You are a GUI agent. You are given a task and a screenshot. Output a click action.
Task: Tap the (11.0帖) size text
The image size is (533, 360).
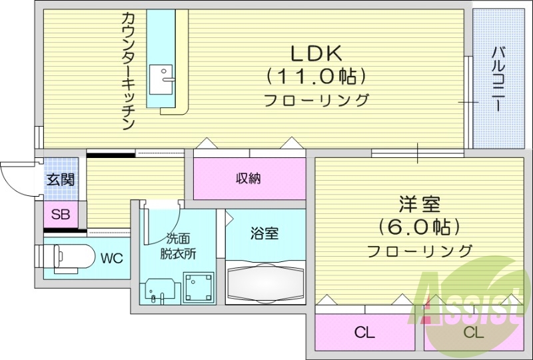[x=316, y=76]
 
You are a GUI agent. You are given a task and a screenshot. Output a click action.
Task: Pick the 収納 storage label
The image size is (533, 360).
[x=248, y=178]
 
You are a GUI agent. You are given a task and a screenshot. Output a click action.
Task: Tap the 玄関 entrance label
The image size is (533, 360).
[x=60, y=179]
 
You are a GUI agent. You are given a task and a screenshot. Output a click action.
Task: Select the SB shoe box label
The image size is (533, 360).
[x=61, y=215]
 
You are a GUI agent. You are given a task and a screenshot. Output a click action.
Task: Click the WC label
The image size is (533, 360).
[x=112, y=259]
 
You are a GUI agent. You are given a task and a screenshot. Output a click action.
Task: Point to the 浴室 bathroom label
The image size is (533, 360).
[x=265, y=233]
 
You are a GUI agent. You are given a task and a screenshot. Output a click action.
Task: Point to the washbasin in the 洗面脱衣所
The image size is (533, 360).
[x=159, y=291]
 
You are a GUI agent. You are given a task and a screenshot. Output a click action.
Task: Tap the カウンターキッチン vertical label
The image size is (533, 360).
[x=128, y=70]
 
